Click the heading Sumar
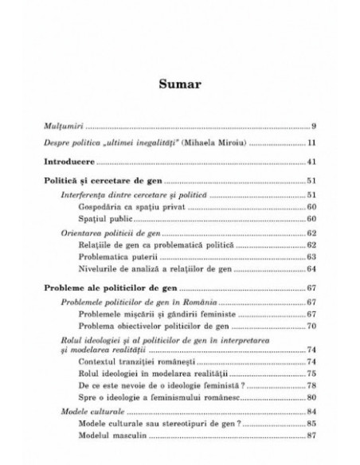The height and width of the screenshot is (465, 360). tap(180, 83)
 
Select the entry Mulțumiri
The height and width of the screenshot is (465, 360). tap(64, 126)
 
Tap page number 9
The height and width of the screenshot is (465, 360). tap(315, 126)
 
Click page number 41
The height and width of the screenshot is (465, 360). tap(313, 162)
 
